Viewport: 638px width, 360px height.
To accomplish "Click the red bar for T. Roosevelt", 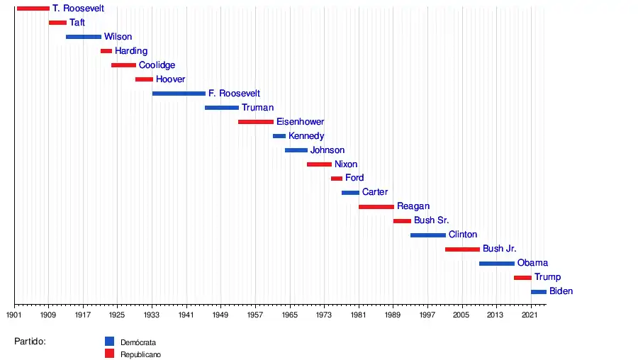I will point(33,9).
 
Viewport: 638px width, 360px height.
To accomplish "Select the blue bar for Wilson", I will point(84,37).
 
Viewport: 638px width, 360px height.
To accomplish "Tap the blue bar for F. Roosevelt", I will point(179,94).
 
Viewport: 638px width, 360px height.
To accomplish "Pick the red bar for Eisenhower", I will point(255,122).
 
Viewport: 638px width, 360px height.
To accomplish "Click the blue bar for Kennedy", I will point(279,136).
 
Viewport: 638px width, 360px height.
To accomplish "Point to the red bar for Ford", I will point(337,179).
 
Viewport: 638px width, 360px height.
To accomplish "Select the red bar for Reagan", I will point(376,207).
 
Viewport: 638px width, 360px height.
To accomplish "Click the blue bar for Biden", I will point(539,292).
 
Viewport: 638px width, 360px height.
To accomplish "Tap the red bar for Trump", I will point(522,278).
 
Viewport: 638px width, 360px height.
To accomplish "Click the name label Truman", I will point(257,108).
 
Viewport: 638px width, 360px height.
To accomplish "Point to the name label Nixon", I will point(346,164).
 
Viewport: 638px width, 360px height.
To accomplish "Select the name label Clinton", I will point(463,235).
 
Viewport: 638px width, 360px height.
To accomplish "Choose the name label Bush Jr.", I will point(499,249).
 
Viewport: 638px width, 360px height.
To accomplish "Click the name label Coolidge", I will point(157,65).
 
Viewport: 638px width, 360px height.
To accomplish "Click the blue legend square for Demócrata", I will point(109,341).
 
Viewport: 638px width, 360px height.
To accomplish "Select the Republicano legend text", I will point(141,354).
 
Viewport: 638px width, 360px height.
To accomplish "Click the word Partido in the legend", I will point(30,342).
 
